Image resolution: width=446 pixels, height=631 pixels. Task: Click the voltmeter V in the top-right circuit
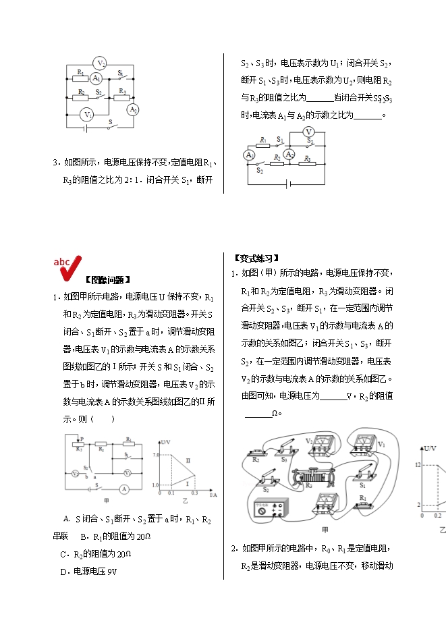point(308,131)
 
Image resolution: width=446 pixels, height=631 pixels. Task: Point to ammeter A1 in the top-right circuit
point(250,155)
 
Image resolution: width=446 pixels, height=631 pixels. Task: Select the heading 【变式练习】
point(256,258)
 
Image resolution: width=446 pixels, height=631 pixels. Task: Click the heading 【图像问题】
point(108,279)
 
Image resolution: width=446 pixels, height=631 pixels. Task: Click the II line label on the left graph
point(188,460)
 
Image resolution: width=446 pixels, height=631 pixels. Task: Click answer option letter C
point(63,554)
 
